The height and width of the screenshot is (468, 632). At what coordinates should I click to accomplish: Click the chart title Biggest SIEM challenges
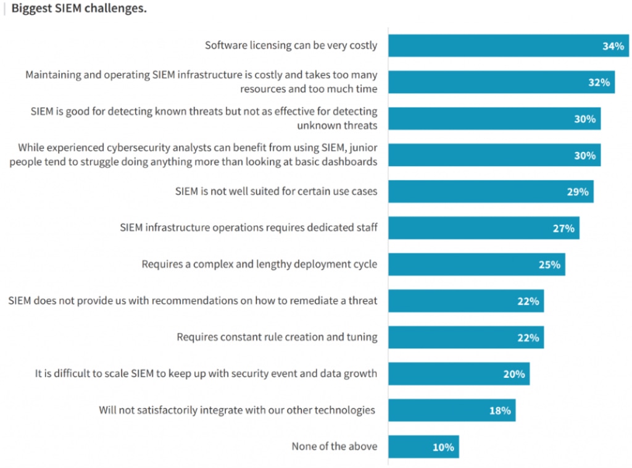pyautogui.click(x=79, y=10)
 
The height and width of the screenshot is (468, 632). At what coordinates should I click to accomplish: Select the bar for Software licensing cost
pyautogui.click(x=494, y=46)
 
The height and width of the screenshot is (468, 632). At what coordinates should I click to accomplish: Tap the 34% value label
pyautogui.click(x=613, y=46)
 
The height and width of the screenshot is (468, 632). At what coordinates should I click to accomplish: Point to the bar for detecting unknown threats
pyautogui.click(x=481, y=119)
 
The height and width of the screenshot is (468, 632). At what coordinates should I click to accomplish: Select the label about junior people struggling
pyautogui.click(x=197, y=155)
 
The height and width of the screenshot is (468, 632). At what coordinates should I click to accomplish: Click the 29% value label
pyautogui.click(x=578, y=192)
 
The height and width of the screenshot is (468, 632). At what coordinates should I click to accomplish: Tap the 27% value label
pyautogui.click(x=563, y=228)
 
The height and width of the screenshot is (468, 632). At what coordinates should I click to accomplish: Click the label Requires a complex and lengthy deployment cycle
pyautogui.click(x=259, y=265)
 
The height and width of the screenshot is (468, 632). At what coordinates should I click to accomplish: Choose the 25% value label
pyautogui.click(x=549, y=265)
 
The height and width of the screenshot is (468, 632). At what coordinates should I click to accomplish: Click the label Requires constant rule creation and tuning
pyautogui.click(x=277, y=338)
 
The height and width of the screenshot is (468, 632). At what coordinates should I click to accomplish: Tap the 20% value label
pyautogui.click(x=514, y=374)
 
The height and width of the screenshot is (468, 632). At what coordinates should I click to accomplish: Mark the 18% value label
pyautogui.click(x=500, y=411)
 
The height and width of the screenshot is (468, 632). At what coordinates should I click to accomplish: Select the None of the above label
pyautogui.click(x=335, y=446)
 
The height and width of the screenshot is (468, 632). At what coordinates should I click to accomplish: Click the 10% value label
pyautogui.click(x=443, y=447)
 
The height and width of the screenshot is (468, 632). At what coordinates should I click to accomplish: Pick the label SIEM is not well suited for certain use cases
pyautogui.click(x=276, y=192)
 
